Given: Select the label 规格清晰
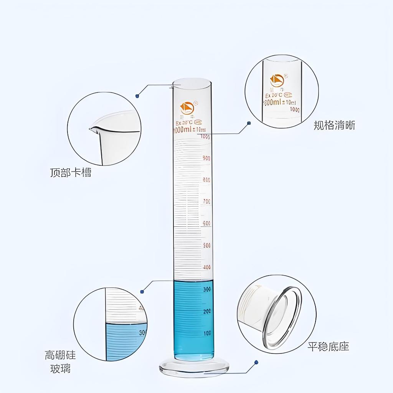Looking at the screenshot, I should pos(334,125).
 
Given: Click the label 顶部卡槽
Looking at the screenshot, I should pos(71,172).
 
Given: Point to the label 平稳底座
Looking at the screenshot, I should pos(328,347).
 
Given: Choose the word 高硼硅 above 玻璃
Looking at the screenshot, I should pos(60,355).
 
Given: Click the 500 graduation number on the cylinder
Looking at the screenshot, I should pos(206,245).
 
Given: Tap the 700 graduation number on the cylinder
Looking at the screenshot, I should pos(206,201).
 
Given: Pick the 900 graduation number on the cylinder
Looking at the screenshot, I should pos(206,158).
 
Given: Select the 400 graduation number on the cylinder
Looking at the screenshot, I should pos(206,267).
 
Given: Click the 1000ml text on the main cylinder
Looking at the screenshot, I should pos(183,130).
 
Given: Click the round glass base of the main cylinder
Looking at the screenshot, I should pos(194,368).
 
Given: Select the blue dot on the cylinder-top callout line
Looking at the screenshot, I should pos(137,96).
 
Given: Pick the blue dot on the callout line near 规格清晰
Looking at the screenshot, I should pos(249,123).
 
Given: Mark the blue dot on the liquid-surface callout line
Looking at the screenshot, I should pos(142,292).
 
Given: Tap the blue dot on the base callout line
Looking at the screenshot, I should pos(256,362).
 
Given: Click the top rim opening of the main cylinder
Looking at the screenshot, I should pos(192,83).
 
